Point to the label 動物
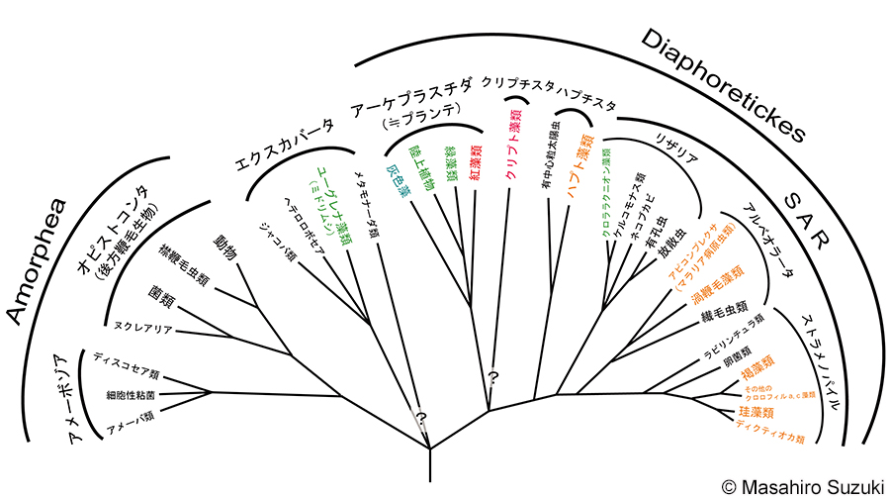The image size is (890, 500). (x=225, y=247)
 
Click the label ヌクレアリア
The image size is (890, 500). (x=144, y=328)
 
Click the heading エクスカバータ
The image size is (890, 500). (x=283, y=145)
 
